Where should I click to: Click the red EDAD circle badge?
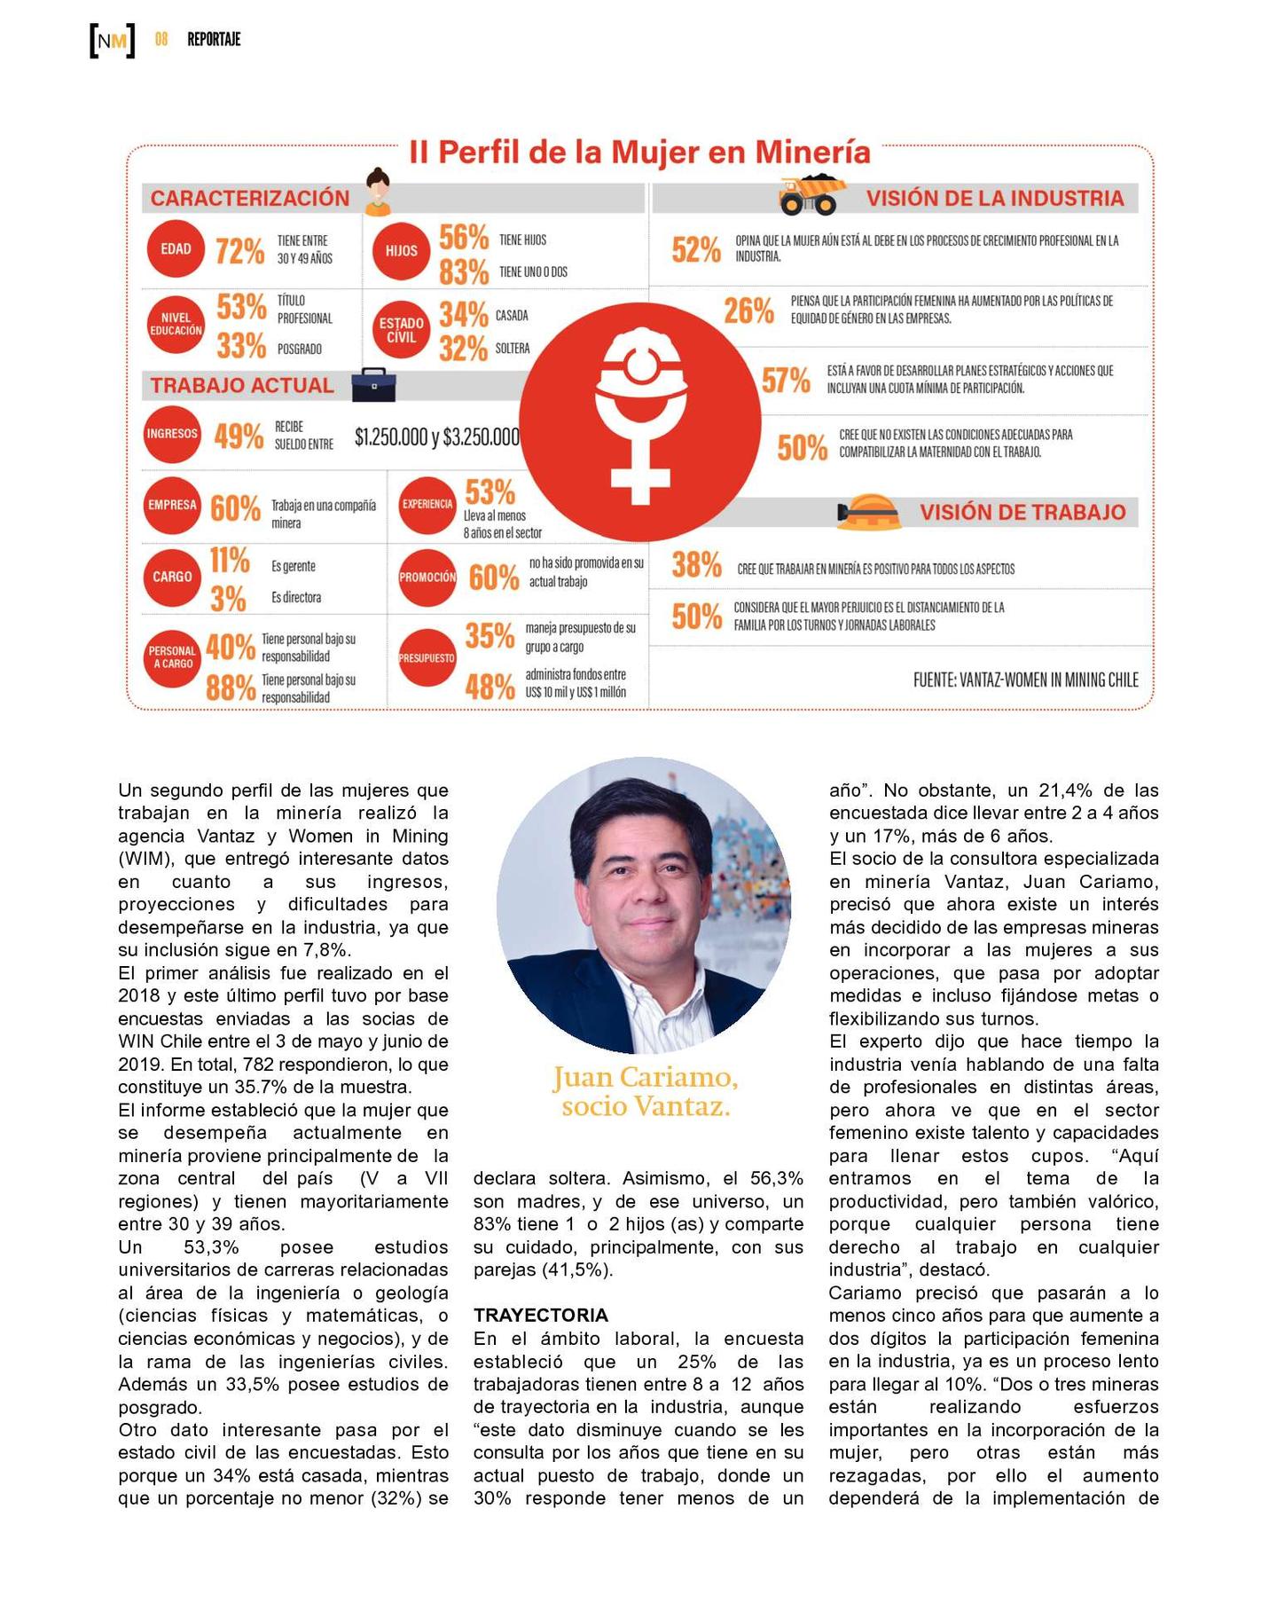click(x=176, y=249)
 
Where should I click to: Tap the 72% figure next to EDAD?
click(x=239, y=251)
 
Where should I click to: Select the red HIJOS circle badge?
click(x=401, y=251)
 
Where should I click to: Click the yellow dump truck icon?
click(x=811, y=195)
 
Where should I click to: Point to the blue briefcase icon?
click(x=373, y=384)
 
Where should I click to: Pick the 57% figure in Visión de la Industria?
click(x=786, y=380)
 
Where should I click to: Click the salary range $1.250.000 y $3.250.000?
click(x=437, y=436)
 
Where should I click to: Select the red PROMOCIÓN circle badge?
click(x=427, y=577)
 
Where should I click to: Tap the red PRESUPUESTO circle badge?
click(x=427, y=658)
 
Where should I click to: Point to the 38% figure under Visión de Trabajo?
click(x=696, y=565)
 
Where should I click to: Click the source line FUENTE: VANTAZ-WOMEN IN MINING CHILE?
click(x=1025, y=680)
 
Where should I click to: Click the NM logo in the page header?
click(x=113, y=40)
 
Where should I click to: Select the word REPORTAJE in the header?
click(x=214, y=40)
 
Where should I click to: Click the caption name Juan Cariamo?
click(x=645, y=1076)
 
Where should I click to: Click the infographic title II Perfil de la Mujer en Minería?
click(x=639, y=153)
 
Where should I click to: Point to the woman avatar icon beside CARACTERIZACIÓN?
click(x=379, y=192)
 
